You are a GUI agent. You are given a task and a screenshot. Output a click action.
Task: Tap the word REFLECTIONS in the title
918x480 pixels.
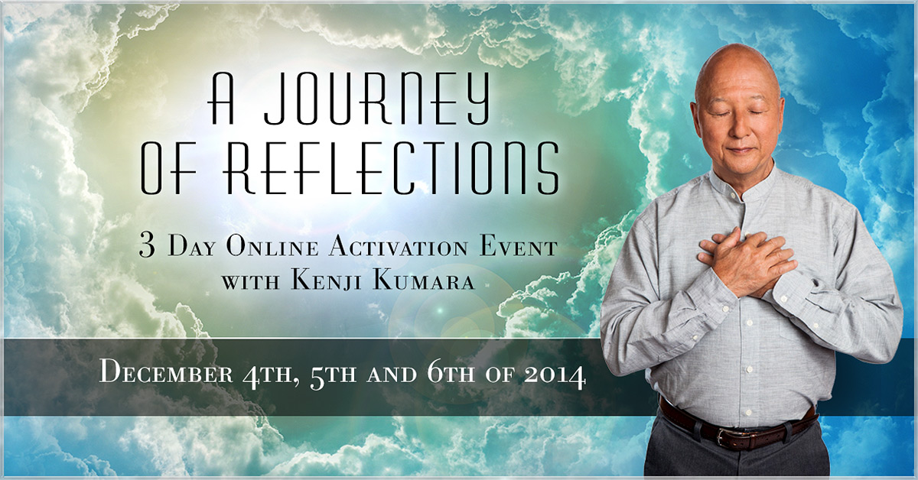pos(392,167)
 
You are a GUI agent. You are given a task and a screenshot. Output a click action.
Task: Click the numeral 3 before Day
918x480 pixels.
pos(148,247)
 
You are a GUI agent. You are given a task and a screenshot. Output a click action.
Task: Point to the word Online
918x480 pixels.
pos(272,247)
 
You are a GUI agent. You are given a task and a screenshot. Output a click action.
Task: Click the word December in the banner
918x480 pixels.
pos(167,375)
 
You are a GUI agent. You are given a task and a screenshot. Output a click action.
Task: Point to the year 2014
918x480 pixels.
pos(555,375)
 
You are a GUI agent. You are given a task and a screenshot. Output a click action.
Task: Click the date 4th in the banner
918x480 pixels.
pos(268,375)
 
